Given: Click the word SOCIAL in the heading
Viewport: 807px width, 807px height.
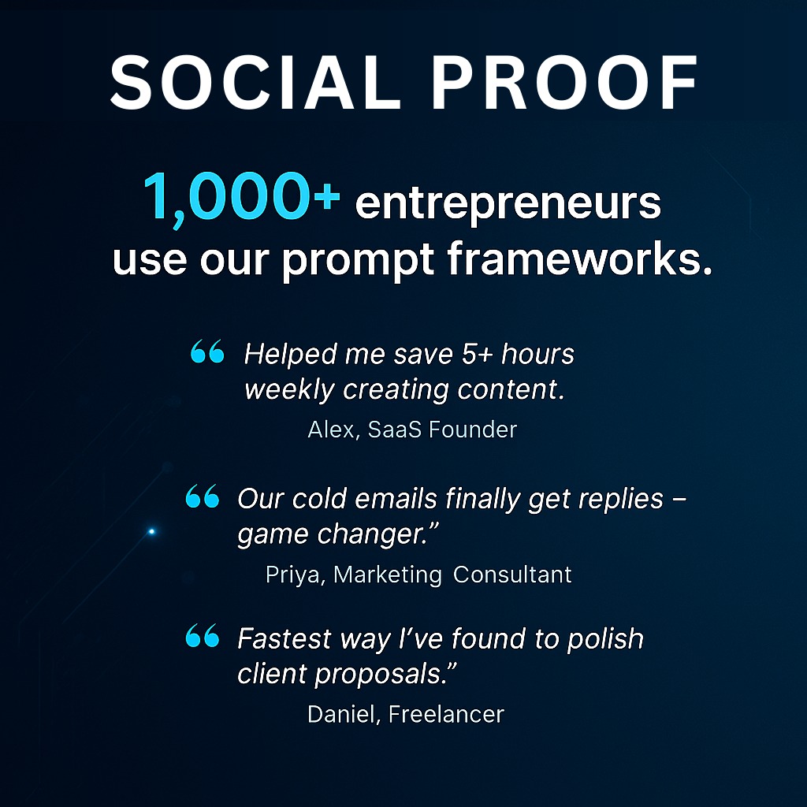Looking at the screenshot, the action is [255, 82].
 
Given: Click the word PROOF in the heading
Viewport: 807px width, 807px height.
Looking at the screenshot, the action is [564, 82].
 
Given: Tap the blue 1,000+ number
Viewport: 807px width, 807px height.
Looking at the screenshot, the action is [241, 198].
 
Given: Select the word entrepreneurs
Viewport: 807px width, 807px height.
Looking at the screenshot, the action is [508, 205].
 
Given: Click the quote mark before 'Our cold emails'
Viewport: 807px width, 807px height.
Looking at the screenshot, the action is [203, 496].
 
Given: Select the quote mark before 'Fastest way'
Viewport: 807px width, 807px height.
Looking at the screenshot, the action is [203, 635].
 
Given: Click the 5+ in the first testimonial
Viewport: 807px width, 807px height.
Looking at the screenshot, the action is [478, 354].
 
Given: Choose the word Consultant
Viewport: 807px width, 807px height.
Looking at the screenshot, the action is [512, 575].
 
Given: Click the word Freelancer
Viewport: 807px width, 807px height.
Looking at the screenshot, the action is [446, 714].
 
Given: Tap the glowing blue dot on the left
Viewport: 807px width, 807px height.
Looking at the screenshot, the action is [151, 531].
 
